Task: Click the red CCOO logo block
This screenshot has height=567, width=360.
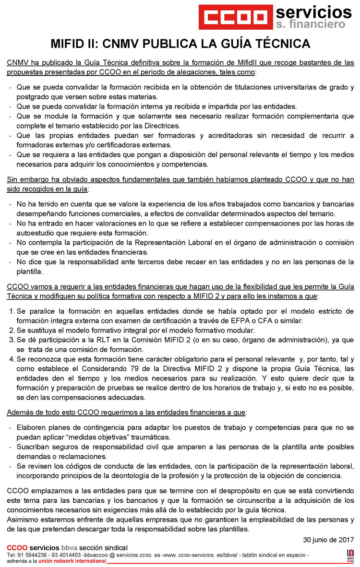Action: (x=235, y=17)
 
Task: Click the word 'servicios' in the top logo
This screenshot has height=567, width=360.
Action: (x=314, y=12)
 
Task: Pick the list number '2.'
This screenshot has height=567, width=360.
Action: (x=12, y=330)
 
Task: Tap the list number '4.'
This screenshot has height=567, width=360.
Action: (x=12, y=359)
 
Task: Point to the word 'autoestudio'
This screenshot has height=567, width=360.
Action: (x=37, y=232)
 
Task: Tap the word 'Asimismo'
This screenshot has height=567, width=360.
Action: (x=23, y=520)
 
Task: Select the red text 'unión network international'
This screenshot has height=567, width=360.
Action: (x=72, y=561)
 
